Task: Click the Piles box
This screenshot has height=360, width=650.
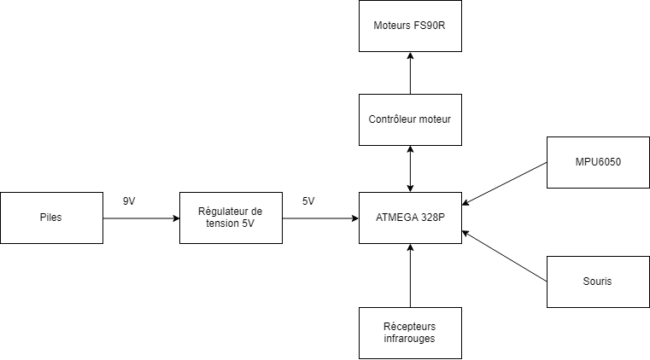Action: [x=51, y=218]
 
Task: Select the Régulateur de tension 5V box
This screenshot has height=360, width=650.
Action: [x=231, y=218]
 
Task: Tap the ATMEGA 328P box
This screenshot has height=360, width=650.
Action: [x=410, y=218]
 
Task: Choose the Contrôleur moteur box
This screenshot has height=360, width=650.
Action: [x=410, y=119]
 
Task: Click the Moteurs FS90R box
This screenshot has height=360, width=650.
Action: [x=410, y=26]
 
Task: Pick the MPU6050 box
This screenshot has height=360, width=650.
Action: [x=598, y=162]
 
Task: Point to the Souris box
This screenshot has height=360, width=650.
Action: [x=598, y=282]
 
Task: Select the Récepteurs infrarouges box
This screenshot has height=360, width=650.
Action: [x=410, y=333]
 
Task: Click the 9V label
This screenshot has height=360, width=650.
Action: [x=130, y=201]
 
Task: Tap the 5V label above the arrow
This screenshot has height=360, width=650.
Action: [x=308, y=201]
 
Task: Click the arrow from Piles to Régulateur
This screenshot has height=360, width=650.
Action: [x=141, y=218]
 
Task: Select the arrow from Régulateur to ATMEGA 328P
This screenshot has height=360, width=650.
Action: [x=320, y=218]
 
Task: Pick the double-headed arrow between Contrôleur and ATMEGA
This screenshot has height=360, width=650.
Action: [x=411, y=168]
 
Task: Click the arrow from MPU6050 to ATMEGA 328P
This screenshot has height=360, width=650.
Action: [x=504, y=184]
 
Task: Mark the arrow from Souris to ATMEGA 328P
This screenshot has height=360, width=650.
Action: [x=504, y=256]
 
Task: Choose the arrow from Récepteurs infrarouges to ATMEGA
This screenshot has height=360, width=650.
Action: [x=411, y=275]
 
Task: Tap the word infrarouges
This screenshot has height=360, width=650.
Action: [x=410, y=340]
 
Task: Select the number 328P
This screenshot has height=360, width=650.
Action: [x=434, y=218]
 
